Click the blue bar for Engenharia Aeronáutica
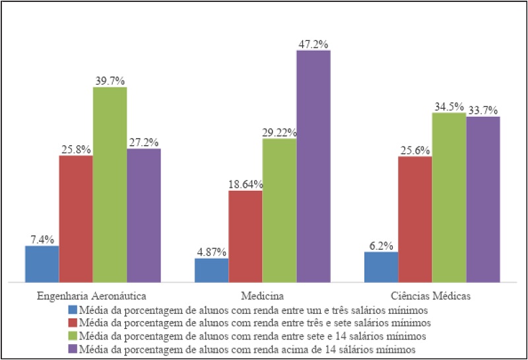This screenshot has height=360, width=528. click(x=42, y=264)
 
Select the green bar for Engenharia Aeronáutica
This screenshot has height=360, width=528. click(x=110, y=185)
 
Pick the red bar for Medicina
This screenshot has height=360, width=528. click(x=246, y=236)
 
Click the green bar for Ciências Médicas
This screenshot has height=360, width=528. click(x=449, y=198)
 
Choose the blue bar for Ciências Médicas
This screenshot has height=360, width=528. click(x=381, y=267)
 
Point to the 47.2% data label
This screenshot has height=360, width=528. click(x=313, y=44)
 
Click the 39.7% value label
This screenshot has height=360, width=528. click(x=110, y=81)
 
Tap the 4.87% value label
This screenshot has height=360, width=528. click(x=211, y=252)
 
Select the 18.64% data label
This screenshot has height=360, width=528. click(x=246, y=184)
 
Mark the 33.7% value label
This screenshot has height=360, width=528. click(x=483, y=110)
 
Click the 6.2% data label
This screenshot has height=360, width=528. click(x=381, y=245)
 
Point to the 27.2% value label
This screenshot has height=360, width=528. click(x=143, y=142)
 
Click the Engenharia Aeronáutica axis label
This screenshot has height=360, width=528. click(x=93, y=295)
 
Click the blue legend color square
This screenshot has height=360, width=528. click(x=72, y=309)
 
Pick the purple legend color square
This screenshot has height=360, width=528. click(x=72, y=348)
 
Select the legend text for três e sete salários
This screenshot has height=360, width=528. click(x=254, y=322)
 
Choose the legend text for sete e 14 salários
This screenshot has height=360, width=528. click(x=253, y=335)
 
